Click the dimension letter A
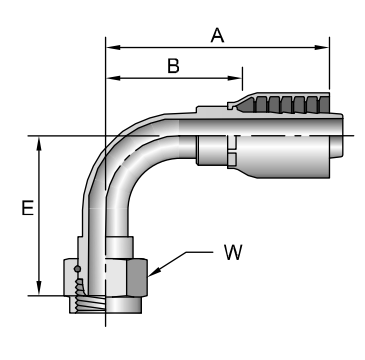pyautogui.click(x=217, y=35)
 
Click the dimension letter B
pyautogui.click(x=173, y=66)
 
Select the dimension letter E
pyautogui.click(x=28, y=208)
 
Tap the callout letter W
pyautogui.click(x=233, y=252)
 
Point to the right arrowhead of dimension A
pyautogui.click(x=322, y=48)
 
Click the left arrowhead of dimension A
pyautogui.click(x=113, y=48)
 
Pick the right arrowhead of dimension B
pyautogui.click(x=235, y=78)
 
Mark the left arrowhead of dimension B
pyautogui.click(x=113, y=78)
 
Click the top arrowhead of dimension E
pyautogui.click(x=39, y=143)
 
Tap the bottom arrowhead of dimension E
pyautogui.click(x=39, y=288)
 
